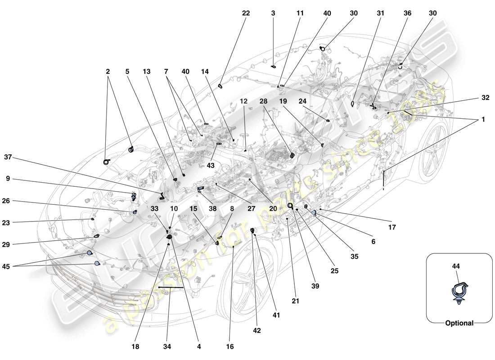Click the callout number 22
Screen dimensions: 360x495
coord(246,13)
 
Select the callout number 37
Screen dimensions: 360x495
coord(8,157)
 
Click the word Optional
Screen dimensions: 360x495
coord(459,323)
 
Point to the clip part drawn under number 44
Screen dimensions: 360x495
coord(459,292)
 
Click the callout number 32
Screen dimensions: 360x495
coord(485,97)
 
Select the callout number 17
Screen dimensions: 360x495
coord(392,228)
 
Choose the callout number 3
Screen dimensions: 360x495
coord(273,13)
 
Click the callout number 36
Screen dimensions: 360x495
coord(407,13)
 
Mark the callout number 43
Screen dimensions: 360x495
coord(211,166)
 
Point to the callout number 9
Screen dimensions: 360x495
coord(8,178)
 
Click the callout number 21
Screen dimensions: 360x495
coord(295,301)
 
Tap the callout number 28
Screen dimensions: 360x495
coord(263,102)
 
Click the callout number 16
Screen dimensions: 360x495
coord(229,347)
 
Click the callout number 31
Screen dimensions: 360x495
coord(381,13)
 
